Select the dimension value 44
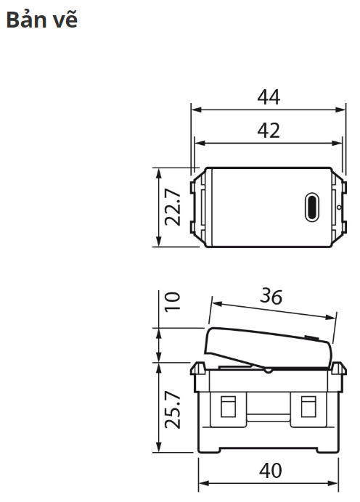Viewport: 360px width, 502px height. [x=268, y=97]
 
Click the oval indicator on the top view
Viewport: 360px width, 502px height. [x=311, y=207]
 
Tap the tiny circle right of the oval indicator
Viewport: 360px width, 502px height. [x=337, y=207]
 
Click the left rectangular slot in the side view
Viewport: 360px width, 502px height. [x=228, y=409]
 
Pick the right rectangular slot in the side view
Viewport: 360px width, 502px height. [x=308, y=409]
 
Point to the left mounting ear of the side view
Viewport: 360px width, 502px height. [x=197, y=371]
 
